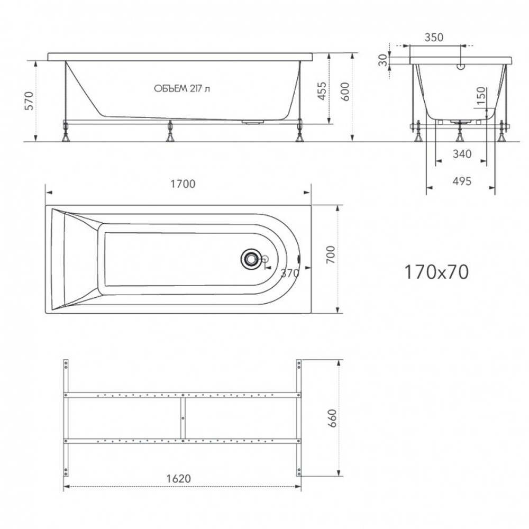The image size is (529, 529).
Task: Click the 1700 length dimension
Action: pyautogui.click(x=183, y=184)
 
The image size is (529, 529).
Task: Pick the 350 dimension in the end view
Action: pyautogui.click(x=434, y=38)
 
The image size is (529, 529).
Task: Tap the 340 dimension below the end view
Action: pyautogui.click(x=461, y=154)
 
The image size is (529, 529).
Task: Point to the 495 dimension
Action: pyautogui.click(x=461, y=181)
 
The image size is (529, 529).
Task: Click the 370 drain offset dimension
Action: pyautogui.click(x=290, y=273)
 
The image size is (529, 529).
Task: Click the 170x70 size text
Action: pyautogui.click(x=436, y=272)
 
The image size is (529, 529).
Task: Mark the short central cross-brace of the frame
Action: pyautogui.click(x=183, y=417)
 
